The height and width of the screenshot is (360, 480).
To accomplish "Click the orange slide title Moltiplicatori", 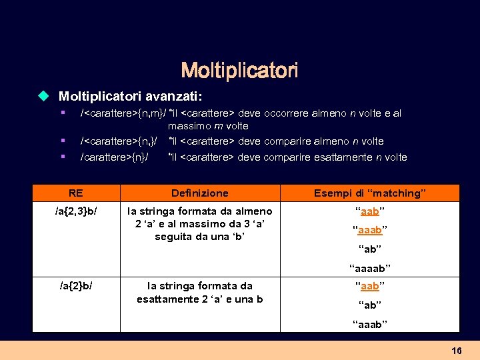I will pyautogui.click(x=239, y=70).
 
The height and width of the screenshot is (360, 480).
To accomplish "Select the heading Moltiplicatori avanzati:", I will pyautogui.click(x=130, y=97).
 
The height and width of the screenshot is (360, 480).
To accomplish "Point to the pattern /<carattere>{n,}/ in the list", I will pyautogui.click(x=119, y=141).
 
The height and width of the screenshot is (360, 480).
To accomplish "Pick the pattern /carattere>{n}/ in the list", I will pyautogui.click(x=114, y=157).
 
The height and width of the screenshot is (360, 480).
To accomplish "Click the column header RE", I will pyautogui.click(x=76, y=193).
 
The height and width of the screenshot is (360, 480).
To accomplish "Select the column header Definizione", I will pyautogui.click(x=199, y=193).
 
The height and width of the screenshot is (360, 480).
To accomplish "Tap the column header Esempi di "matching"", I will pyautogui.click(x=370, y=193).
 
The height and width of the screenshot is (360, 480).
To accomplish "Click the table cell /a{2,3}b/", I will pyautogui.click(x=76, y=211).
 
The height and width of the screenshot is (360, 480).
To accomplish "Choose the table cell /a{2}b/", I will pyautogui.click(x=76, y=286).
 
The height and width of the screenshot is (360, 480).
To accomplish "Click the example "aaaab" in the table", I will pyautogui.click(x=370, y=269).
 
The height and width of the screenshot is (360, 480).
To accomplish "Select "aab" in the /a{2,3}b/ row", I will pyautogui.click(x=370, y=211).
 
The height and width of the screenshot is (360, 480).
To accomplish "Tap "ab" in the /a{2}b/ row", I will pyautogui.click(x=370, y=305).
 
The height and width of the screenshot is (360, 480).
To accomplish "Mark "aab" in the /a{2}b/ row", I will pyautogui.click(x=370, y=286).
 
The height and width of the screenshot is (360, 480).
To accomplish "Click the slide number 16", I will pyautogui.click(x=457, y=350).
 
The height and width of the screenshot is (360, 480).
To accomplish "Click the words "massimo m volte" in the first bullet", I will pyautogui.click(x=208, y=126).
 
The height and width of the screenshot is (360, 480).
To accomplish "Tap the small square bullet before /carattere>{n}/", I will pyautogui.click(x=62, y=157).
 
